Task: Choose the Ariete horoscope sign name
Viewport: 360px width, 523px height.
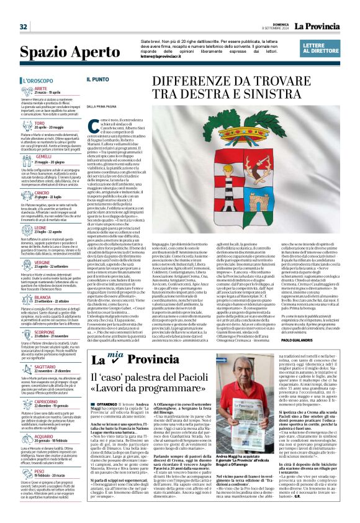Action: [58, 88]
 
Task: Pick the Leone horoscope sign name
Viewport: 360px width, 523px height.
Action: [58, 228]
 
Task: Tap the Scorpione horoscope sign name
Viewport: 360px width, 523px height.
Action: [62, 332]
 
